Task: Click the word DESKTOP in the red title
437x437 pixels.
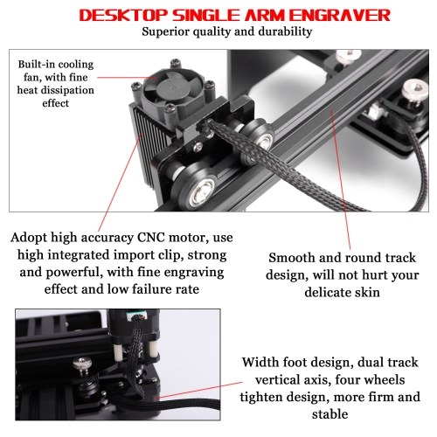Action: [x=124, y=15]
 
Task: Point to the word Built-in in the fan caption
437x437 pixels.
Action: [x=36, y=65]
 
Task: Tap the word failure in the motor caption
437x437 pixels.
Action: [x=149, y=289]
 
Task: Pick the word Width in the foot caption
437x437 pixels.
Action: [x=260, y=363]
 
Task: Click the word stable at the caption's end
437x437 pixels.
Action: [x=330, y=414]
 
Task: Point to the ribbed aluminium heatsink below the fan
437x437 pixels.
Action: [x=147, y=147]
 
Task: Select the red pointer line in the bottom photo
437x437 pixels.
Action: [x=200, y=390]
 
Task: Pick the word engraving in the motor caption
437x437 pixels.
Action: [x=193, y=273]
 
